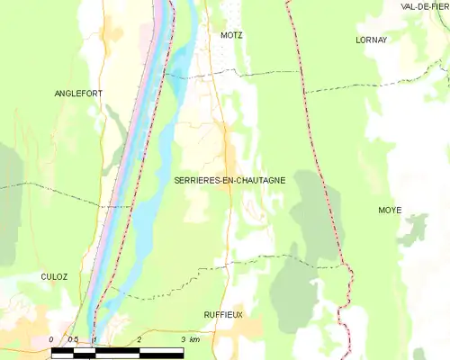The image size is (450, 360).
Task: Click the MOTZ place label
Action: (231, 35)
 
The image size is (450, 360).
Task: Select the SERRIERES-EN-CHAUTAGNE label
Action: (229, 180)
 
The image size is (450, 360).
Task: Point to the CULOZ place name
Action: (54, 277)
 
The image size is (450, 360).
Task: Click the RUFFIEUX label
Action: (224, 314)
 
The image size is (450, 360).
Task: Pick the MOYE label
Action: (390, 210)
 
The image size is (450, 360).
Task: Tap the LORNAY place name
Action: (371, 40)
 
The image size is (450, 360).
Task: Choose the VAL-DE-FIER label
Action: (426, 6)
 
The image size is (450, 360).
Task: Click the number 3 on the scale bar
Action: (183, 339)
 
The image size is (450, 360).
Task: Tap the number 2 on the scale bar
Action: (139, 339)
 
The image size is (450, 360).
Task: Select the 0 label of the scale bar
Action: (52, 339)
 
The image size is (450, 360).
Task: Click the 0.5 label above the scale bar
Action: (75, 339)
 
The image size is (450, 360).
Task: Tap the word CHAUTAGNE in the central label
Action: (258, 180)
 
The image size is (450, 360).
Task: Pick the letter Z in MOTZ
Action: (240, 35)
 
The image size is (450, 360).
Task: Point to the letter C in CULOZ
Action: (43, 277)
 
